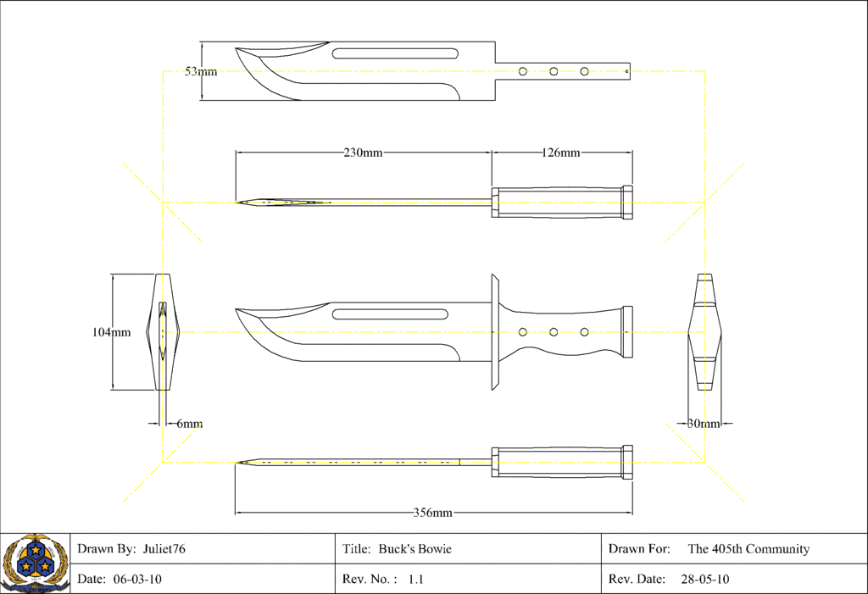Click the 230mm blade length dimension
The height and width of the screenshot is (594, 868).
[363, 153]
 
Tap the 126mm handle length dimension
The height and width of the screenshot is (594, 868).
[561, 153]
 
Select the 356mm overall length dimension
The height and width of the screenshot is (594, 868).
[433, 513]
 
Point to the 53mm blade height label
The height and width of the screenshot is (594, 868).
[201, 71]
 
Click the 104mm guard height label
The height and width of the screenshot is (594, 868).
[111, 332]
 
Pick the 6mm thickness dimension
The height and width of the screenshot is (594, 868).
[189, 424]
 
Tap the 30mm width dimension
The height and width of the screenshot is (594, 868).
[704, 424]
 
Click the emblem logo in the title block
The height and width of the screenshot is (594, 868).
[35, 563]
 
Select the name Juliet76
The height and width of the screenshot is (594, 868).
[164, 548]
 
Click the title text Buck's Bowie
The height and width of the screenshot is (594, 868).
[415, 548]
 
